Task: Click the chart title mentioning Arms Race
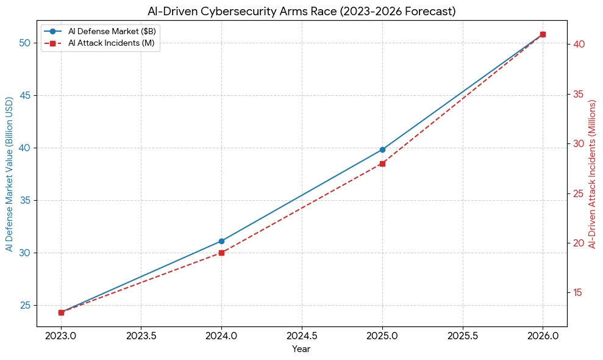click(301, 11)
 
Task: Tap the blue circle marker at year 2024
click(221, 241)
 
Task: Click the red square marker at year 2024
click(221, 253)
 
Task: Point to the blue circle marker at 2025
click(382, 149)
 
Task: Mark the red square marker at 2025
click(382, 164)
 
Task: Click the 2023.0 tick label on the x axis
click(61, 336)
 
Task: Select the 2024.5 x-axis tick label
click(302, 336)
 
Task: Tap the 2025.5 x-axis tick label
click(463, 336)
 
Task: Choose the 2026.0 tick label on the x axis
click(543, 336)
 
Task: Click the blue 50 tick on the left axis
click(25, 43)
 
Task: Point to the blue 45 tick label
click(25, 95)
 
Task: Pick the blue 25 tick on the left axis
click(25, 305)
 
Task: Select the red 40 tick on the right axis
click(579, 45)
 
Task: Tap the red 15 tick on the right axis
click(579, 293)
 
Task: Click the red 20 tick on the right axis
click(579, 243)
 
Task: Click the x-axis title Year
click(301, 349)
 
